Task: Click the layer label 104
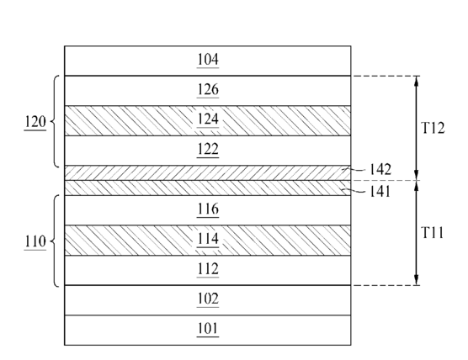click(208, 59)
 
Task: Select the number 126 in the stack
click(208, 89)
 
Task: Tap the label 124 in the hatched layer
click(208, 119)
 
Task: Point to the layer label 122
click(208, 149)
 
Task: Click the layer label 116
click(208, 209)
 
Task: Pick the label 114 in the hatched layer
click(208, 239)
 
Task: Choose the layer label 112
click(208, 268)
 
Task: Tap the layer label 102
click(208, 299)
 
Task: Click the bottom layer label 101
click(208, 328)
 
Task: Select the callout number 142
click(380, 169)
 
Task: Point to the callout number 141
click(380, 192)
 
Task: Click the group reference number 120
click(35, 122)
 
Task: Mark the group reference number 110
click(35, 241)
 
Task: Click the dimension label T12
click(433, 128)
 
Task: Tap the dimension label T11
click(433, 232)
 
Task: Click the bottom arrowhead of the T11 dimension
click(417, 280)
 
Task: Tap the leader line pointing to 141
click(354, 191)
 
